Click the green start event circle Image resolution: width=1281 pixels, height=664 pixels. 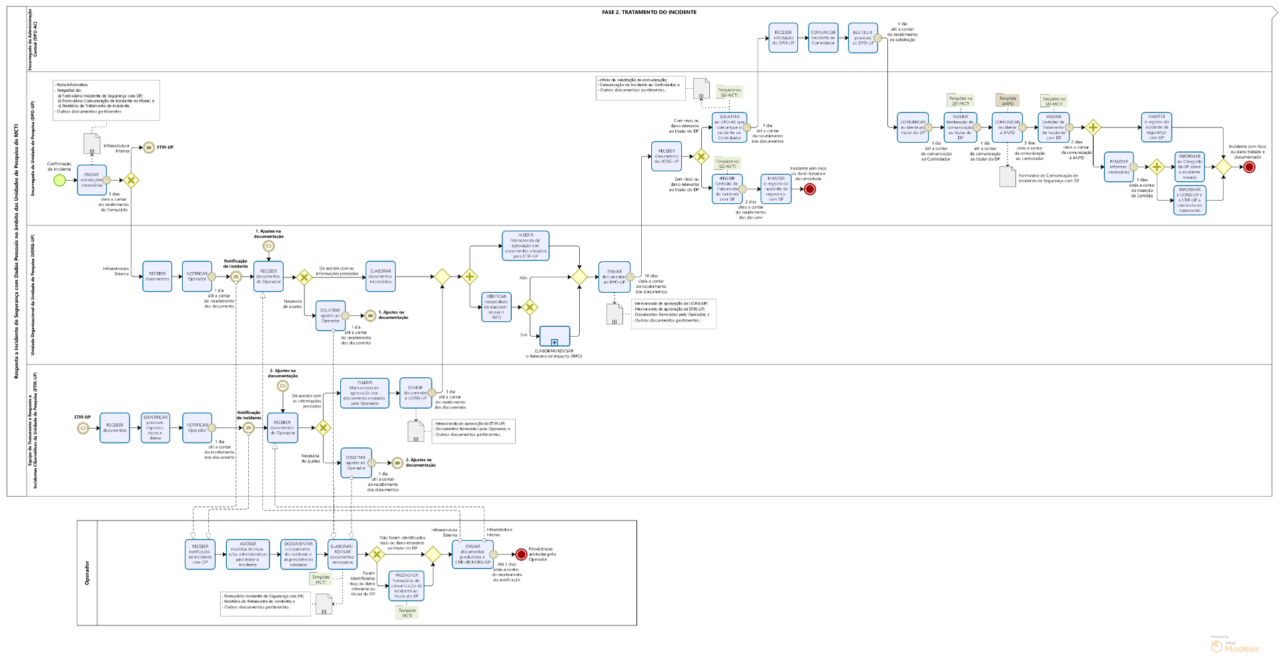point(60,180)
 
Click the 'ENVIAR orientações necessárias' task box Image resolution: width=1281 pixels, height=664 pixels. point(91,180)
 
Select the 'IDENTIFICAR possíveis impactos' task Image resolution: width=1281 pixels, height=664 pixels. point(155,428)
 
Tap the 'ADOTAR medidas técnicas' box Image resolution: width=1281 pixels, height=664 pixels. point(248,554)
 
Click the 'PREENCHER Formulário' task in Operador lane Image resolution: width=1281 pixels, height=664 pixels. point(406,585)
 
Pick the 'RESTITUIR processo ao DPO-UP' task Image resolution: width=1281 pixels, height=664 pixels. point(863,37)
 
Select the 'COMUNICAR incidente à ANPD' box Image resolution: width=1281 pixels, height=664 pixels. point(1007,127)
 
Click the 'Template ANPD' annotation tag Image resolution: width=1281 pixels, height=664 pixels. point(1007,101)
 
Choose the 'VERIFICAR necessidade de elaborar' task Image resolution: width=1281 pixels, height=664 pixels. point(496,307)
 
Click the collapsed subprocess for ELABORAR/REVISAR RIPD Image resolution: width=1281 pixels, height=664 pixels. point(554,336)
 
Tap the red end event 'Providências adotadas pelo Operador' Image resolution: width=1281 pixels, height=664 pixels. point(521,554)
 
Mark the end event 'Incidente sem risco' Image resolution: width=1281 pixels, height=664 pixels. point(810,189)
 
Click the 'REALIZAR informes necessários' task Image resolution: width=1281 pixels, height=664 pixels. point(1119,167)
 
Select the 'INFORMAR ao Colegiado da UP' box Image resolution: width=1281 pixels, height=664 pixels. point(1190,167)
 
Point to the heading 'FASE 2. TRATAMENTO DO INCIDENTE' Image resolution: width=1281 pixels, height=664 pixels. point(649,12)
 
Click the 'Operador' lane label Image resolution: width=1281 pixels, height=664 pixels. point(87,573)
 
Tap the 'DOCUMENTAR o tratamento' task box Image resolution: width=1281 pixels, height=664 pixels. point(298,554)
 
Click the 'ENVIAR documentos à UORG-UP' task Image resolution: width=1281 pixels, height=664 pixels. point(416,393)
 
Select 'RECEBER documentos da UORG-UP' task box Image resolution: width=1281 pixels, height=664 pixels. point(666,156)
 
